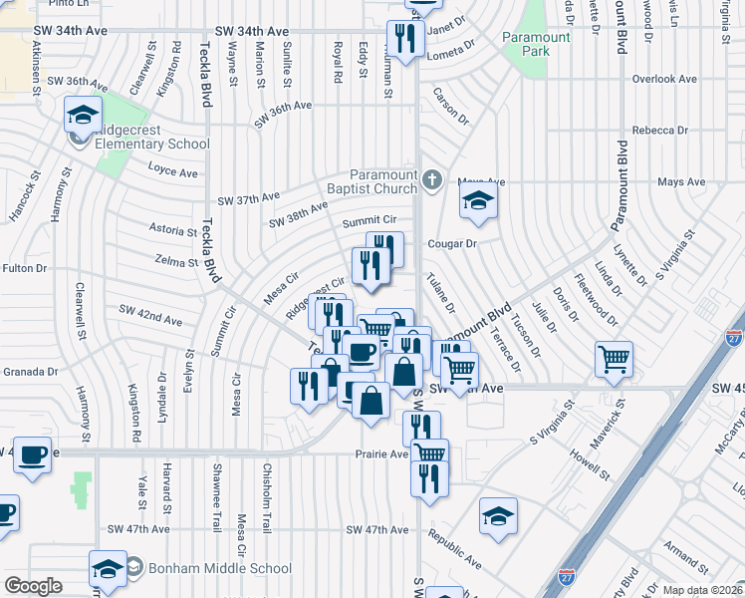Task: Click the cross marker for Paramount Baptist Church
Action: pyautogui.click(x=431, y=180)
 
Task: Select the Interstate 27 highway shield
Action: pyautogui.click(x=735, y=336)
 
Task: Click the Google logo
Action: pyautogui.click(x=33, y=586)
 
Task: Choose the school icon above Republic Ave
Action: pyautogui.click(x=498, y=516)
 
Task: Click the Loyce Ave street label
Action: pyautogui.click(x=173, y=172)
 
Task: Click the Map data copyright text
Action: pyautogui.click(x=689, y=590)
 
